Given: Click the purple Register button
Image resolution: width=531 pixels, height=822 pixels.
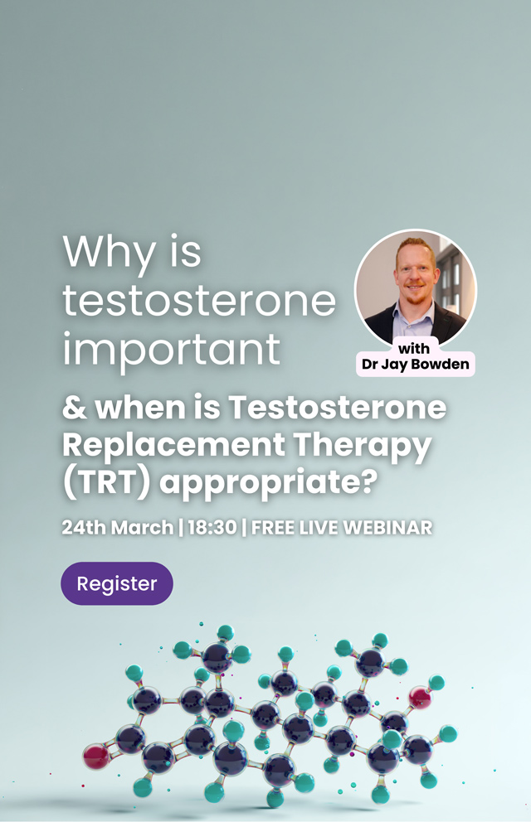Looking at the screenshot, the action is pyautogui.click(x=117, y=583).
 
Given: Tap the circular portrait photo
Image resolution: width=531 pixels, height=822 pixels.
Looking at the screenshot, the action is pyautogui.click(x=416, y=288).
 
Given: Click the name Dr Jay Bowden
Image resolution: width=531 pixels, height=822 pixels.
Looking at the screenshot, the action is pyautogui.click(x=415, y=365).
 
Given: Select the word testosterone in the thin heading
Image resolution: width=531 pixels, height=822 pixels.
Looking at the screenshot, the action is pyautogui.click(x=199, y=300).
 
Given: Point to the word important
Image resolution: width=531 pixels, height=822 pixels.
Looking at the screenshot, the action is pyautogui.click(x=171, y=351).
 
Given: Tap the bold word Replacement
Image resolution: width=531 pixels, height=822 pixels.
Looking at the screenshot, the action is pyautogui.click(x=173, y=446).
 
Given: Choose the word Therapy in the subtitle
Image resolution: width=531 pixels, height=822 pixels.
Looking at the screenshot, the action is pyautogui.click(x=362, y=446).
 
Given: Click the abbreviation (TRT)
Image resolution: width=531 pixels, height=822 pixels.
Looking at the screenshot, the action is pyautogui.click(x=107, y=482).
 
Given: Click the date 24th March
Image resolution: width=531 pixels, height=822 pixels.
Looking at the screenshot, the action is pyautogui.click(x=118, y=527).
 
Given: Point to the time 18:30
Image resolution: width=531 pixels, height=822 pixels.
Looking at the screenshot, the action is pyautogui.click(x=212, y=527).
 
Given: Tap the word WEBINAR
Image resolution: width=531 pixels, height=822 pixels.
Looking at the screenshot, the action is pyautogui.click(x=387, y=527).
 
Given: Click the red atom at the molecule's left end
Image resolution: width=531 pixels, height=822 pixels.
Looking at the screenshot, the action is pyautogui.click(x=96, y=757).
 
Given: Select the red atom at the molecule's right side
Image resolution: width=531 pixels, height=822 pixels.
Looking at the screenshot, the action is pyautogui.click(x=420, y=698).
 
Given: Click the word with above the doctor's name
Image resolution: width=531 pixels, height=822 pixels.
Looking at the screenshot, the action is pyautogui.click(x=414, y=349).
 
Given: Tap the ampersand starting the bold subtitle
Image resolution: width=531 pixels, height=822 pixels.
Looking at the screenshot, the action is pyautogui.click(x=75, y=409).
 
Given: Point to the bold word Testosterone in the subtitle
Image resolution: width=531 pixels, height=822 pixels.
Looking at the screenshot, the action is pyautogui.click(x=338, y=408).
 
